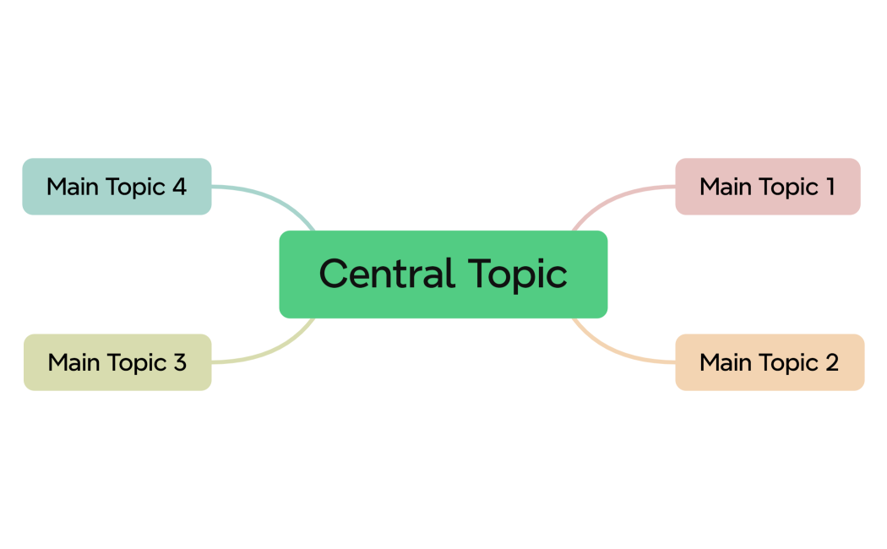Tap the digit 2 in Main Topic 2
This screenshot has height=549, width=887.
pos(830,362)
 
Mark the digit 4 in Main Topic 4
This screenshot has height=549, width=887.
pos(178,187)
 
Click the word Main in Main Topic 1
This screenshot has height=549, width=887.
pos(725,187)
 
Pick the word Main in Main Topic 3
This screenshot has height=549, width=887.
pos(73,362)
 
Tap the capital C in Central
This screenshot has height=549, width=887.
pos(334,274)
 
